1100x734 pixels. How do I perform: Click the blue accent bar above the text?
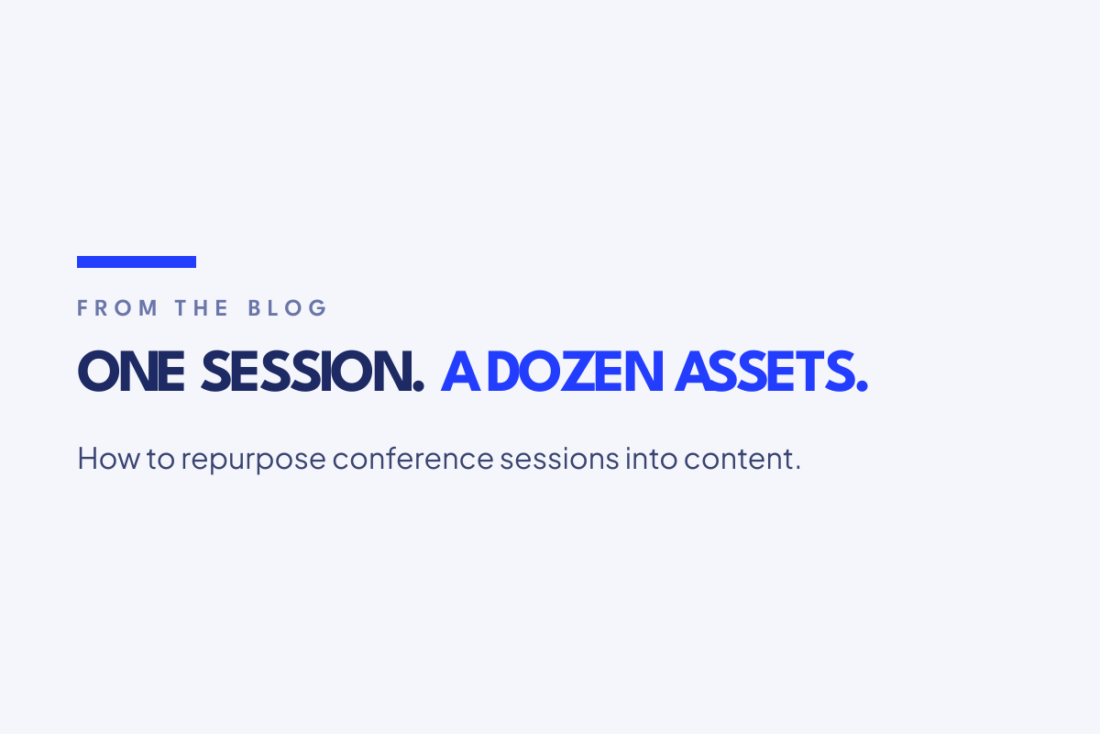[137, 262]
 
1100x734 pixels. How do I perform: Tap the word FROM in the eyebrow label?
[117, 308]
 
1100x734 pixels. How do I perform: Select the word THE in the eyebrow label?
[202, 308]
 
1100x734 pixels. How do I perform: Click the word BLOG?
[287, 308]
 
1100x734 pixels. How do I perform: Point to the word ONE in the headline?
[131, 372]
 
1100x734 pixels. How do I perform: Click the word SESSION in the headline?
[306, 372]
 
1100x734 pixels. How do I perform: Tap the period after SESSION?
[418, 386]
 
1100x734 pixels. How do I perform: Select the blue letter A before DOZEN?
[460, 372]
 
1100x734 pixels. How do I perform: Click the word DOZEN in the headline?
[576, 372]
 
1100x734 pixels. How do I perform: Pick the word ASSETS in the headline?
[764, 372]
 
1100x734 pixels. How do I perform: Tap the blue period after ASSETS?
[862, 386]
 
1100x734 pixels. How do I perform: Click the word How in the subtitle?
[108, 459]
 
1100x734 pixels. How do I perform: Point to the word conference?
[413, 458]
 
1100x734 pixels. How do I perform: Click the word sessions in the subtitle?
[559, 459]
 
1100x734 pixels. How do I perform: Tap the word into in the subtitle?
[651, 459]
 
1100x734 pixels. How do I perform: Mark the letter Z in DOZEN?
[578, 372]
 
